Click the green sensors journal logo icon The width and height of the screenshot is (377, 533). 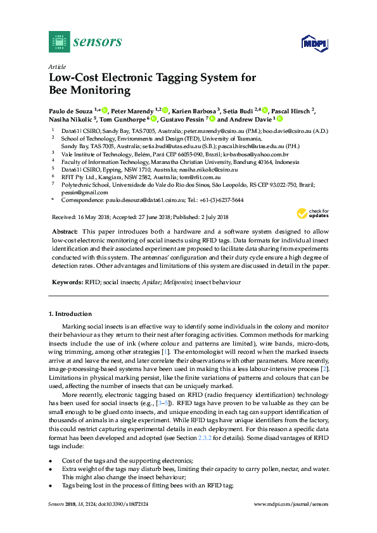[59, 42]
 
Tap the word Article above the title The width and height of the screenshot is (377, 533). [57, 67]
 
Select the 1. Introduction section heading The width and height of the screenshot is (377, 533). [70, 314]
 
